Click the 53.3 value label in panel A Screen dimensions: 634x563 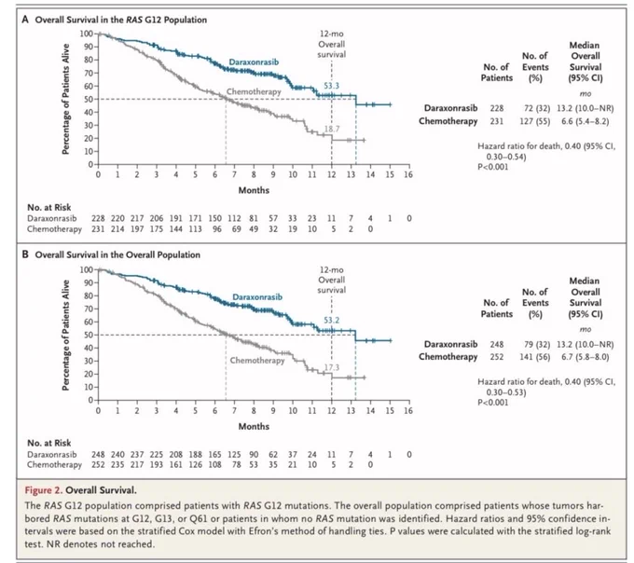(331, 86)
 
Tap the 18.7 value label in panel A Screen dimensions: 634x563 (332, 129)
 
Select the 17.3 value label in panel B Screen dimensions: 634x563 (332, 367)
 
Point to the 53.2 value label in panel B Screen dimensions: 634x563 (331, 320)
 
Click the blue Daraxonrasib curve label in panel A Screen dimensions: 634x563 (254, 62)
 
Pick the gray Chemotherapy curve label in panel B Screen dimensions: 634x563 (257, 360)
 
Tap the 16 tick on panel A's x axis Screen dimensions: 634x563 (408, 174)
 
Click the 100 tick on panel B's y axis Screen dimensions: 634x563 (86, 269)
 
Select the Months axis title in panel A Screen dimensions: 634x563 (254, 190)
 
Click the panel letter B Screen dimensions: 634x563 (25, 254)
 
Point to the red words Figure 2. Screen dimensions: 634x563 (44, 490)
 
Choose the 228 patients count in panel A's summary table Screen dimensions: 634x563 (497, 108)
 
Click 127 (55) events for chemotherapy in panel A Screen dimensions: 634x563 (535, 121)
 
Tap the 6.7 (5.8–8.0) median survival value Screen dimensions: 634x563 (586, 357)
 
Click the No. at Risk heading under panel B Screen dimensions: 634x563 (48, 443)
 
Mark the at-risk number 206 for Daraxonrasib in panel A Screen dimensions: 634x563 (157, 218)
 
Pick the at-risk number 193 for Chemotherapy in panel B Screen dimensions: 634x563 (157, 465)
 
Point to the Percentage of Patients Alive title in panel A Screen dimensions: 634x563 (65, 99)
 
